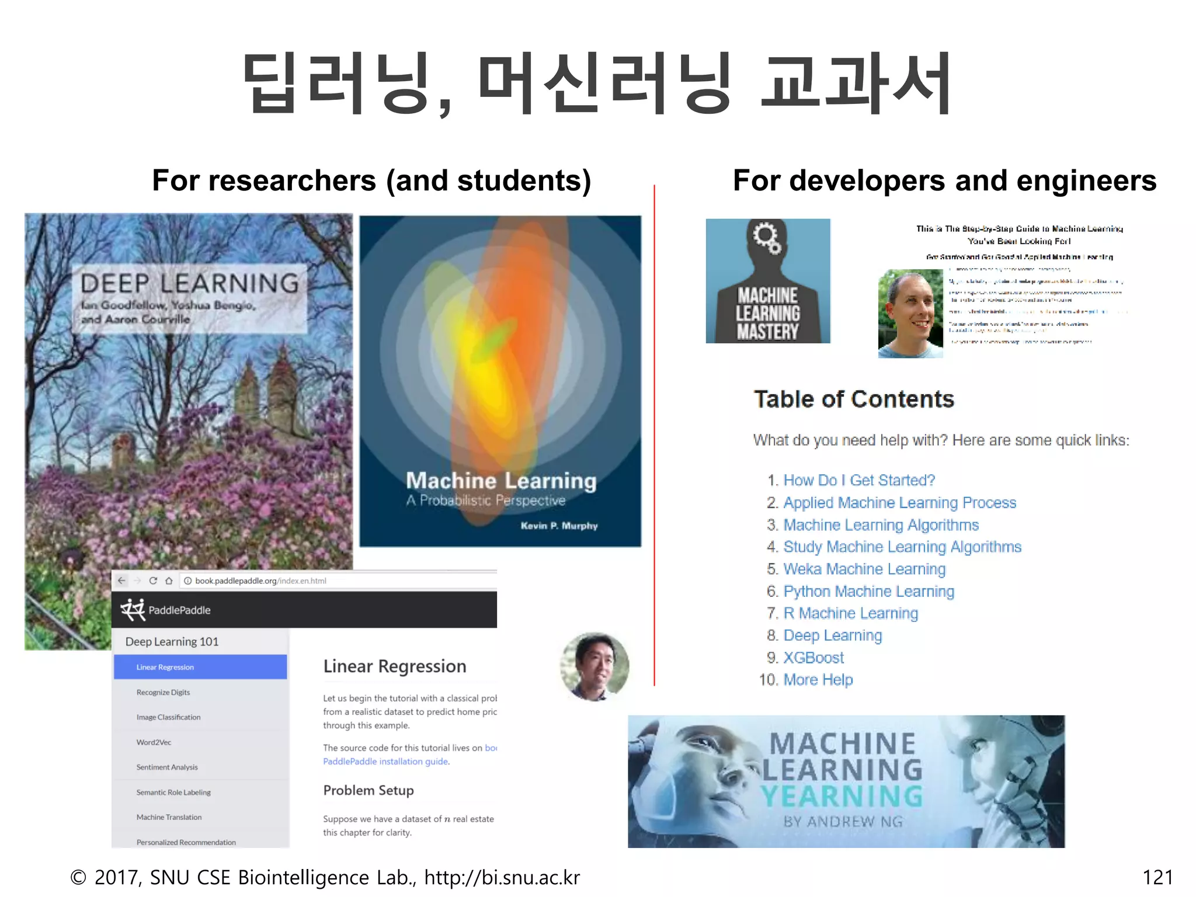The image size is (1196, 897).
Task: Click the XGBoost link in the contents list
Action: pos(813,658)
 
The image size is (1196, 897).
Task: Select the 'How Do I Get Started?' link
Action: pos(858,480)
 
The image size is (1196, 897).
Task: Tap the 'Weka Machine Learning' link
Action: pos(864,569)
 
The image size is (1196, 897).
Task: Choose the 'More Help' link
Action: pos(818,680)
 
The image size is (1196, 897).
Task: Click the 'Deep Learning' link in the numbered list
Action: pos(832,635)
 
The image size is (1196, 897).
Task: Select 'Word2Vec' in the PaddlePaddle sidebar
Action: pos(154,742)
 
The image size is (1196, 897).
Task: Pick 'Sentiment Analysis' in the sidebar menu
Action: pos(167,767)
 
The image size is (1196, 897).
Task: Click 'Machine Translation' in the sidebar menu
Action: pos(169,817)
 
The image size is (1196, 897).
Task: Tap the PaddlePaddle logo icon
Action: pos(133,610)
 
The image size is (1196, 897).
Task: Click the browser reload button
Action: pos(153,580)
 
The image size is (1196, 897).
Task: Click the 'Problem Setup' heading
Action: pos(368,790)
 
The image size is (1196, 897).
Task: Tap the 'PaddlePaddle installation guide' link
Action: pos(385,762)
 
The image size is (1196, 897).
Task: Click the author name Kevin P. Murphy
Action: pos(559,526)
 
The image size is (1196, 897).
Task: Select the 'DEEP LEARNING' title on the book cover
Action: pos(190,283)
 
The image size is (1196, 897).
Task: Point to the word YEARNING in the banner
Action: pos(842,796)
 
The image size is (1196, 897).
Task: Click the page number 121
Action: pos(1157,877)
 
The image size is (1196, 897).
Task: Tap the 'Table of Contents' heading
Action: pos(853,399)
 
